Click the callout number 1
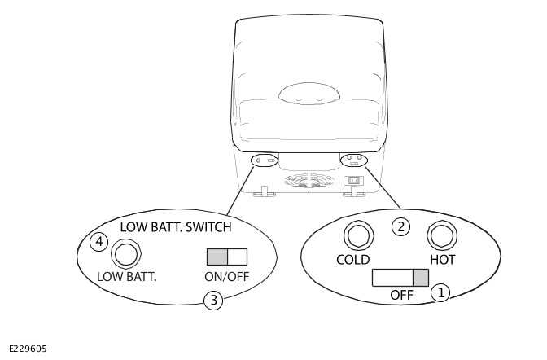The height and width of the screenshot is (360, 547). pyautogui.click(x=440, y=292)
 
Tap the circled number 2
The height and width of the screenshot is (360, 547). pyautogui.click(x=400, y=226)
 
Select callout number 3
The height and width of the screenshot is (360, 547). pyautogui.click(x=213, y=300)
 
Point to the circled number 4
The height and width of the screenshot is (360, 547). pyautogui.click(x=98, y=242)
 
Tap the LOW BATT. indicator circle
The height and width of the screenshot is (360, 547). pyautogui.click(x=125, y=254)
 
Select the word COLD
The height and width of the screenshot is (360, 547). pyautogui.click(x=352, y=260)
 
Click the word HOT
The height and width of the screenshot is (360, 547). pyautogui.click(x=442, y=260)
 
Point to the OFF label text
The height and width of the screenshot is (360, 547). pyautogui.click(x=401, y=295)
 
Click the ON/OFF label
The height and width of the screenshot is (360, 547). pyautogui.click(x=226, y=276)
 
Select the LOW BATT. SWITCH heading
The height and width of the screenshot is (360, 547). pyautogui.click(x=176, y=226)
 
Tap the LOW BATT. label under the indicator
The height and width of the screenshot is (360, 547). pyautogui.click(x=126, y=276)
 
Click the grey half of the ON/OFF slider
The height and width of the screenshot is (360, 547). pyautogui.click(x=217, y=257)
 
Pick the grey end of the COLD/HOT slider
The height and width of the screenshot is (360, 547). pyautogui.click(x=420, y=278)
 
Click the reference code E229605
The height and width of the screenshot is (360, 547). pyautogui.click(x=28, y=349)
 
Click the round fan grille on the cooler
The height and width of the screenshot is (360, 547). pyautogui.click(x=309, y=180)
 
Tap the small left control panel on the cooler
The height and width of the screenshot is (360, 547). pyautogui.click(x=265, y=160)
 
